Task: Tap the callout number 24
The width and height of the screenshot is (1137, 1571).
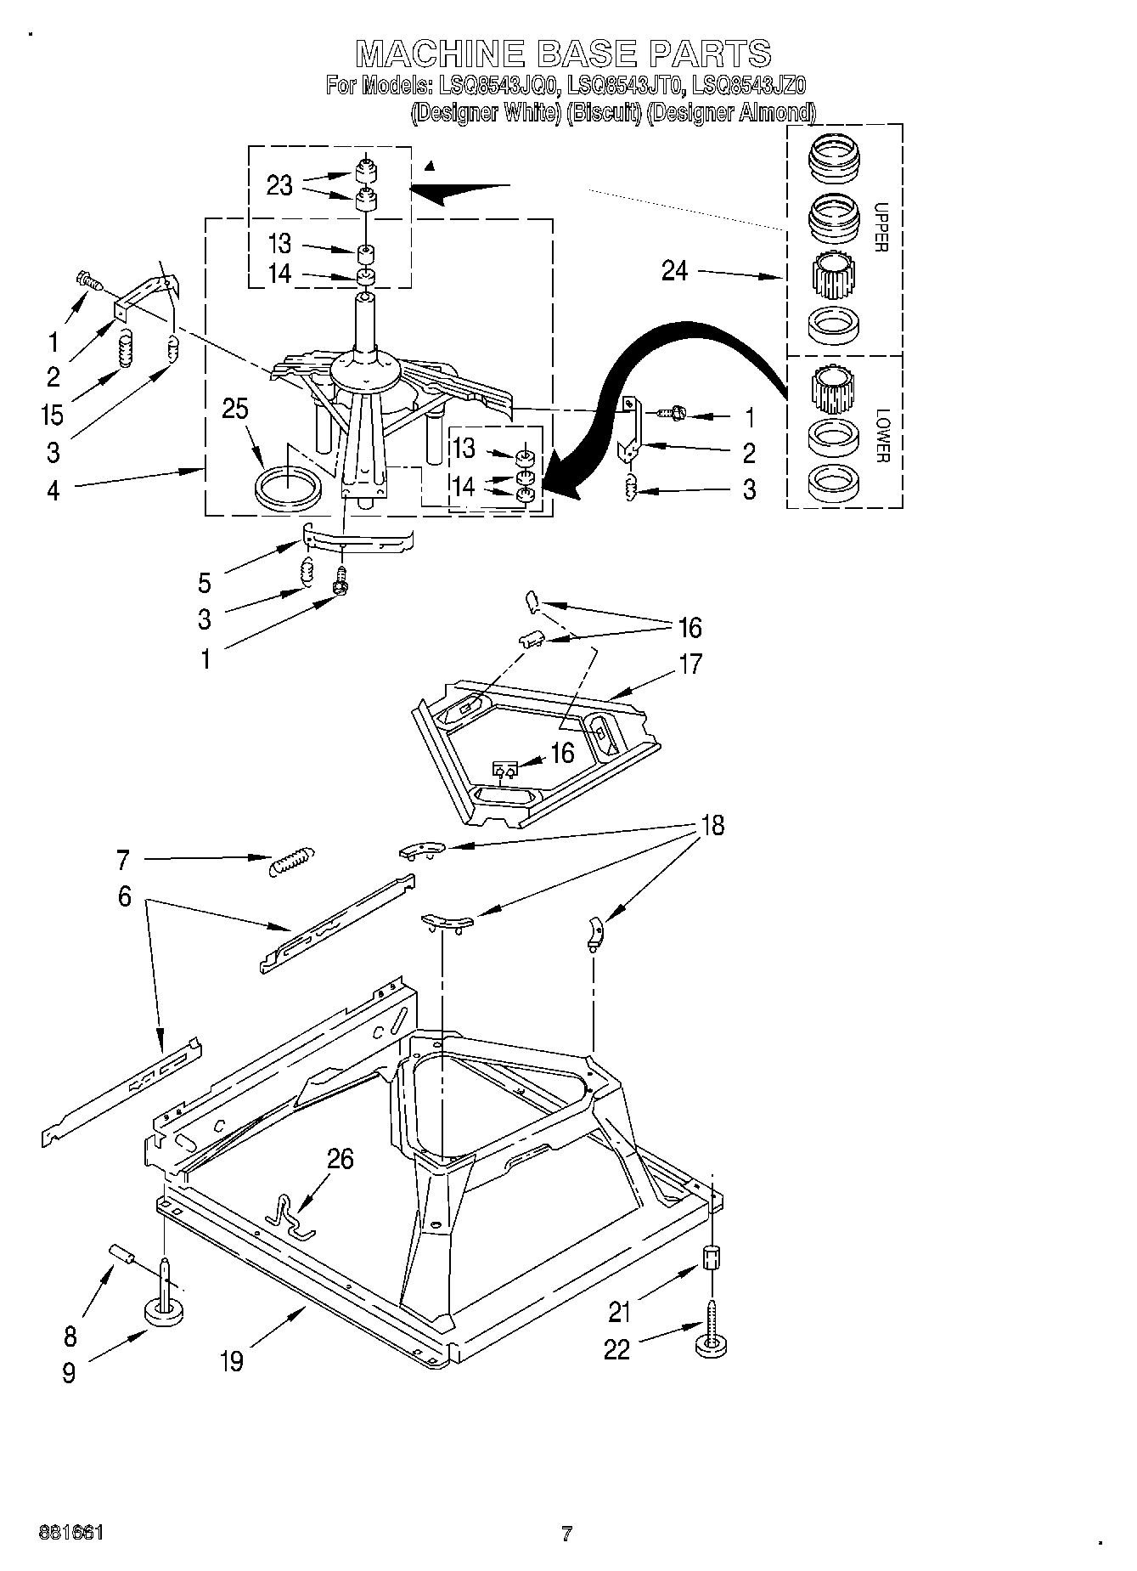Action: click(x=675, y=271)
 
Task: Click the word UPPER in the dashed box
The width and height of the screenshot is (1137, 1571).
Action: click(x=881, y=227)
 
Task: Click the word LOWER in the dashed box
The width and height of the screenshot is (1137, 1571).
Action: click(x=881, y=436)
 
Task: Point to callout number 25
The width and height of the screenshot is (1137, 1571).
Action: click(x=235, y=409)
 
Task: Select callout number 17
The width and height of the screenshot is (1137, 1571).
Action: click(x=690, y=664)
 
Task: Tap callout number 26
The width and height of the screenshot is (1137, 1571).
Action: click(x=340, y=1159)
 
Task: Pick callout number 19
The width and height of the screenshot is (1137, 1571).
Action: click(x=231, y=1361)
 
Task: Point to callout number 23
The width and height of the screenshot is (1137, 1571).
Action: click(x=279, y=185)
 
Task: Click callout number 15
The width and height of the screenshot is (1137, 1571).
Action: click(x=53, y=415)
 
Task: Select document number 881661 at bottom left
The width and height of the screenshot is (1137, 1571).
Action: click(x=70, y=1533)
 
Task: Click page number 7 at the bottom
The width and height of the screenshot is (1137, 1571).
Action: click(x=566, y=1534)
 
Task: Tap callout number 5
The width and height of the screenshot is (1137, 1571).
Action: click(x=205, y=583)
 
